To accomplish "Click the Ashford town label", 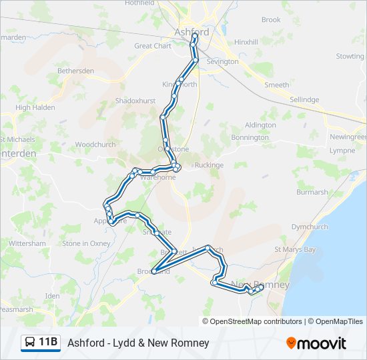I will coord(192,32).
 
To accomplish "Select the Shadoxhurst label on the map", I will coord(135,101).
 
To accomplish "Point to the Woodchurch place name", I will coord(95,145).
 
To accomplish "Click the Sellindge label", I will coord(304,99).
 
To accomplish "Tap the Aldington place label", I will coord(260,125).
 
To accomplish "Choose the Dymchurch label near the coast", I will coord(310,227).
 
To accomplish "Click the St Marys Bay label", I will coord(295,250).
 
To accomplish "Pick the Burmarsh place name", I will coord(312,192).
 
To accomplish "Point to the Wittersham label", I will coord(27,244).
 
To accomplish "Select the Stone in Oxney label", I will coord(86,244).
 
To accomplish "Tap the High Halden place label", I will coord(35,107).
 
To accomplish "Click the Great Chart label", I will coord(153,46).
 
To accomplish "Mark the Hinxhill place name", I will coord(246,41).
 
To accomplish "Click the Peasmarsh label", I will coord(16,309).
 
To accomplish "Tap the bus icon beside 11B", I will coord(29,343).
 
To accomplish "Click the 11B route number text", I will coord(48,343).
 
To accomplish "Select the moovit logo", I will coord(316,343).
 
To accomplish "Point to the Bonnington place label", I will coord(250,137).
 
